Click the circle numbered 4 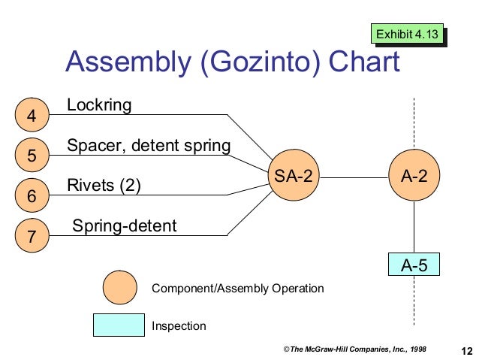31,116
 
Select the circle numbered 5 31,156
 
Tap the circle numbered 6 31,196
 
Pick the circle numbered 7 31,236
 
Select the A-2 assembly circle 414,177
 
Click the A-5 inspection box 414,265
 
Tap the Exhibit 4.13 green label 407,34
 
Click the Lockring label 99,105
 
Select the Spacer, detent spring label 149,145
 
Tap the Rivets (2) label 104,185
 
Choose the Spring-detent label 125,225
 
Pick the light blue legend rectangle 118,325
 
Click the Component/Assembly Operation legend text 237,289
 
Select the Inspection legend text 179,326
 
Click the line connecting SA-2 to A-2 353,177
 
